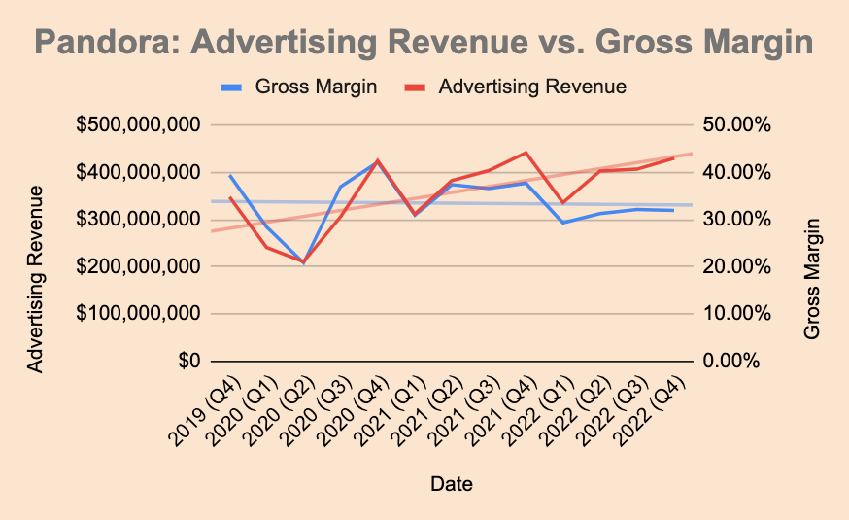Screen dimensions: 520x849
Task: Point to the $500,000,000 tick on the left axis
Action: pos(138,125)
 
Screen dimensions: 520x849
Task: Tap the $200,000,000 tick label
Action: pos(138,266)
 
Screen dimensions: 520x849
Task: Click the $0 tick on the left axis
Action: pos(187,361)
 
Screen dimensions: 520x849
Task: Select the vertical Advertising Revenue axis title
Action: pos(35,278)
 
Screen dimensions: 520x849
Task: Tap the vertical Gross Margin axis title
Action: pos(813,278)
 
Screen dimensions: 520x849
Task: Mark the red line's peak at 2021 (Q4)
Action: pos(526,153)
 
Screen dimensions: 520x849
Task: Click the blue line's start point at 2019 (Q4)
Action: pos(230,176)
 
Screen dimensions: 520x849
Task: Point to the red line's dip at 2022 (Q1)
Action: pos(562,203)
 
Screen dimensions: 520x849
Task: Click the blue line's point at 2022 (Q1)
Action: pos(562,223)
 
